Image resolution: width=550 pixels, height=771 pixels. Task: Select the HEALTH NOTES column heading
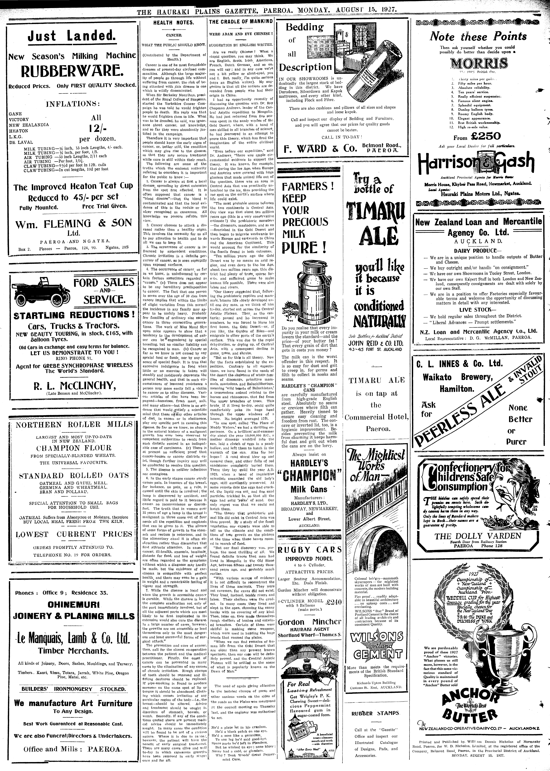pyautogui.click(x=173, y=23)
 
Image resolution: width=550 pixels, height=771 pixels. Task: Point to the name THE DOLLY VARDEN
pyautogui.click(x=478, y=536)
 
